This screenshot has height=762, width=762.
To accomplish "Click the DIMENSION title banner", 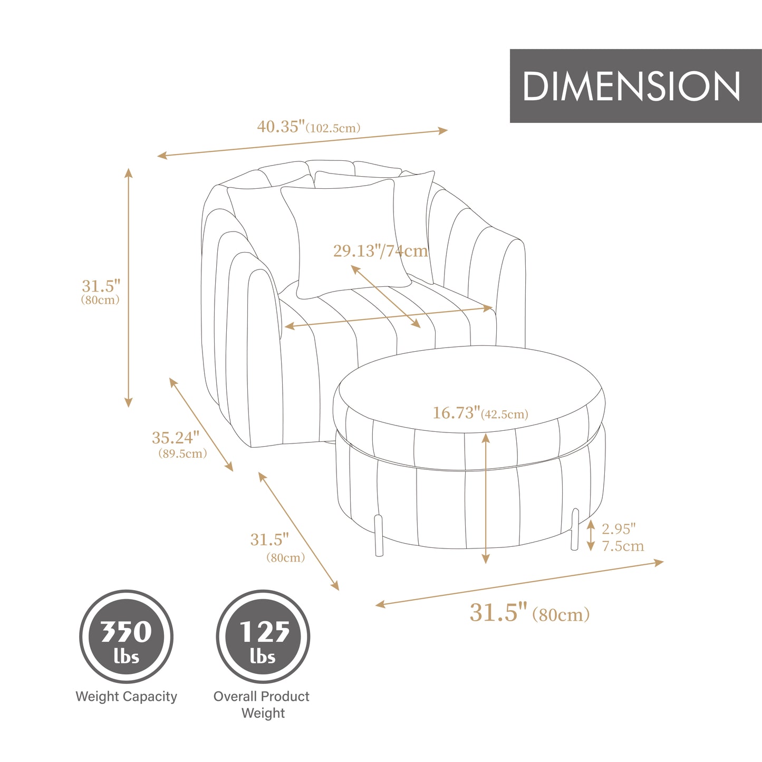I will (x=635, y=86).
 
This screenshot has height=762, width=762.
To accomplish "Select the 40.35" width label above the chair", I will (x=281, y=127).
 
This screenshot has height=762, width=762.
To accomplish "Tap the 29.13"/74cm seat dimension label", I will (x=380, y=251).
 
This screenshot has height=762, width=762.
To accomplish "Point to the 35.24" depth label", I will (x=176, y=438).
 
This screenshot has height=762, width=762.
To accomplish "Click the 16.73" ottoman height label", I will (x=457, y=413).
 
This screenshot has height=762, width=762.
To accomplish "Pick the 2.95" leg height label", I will (x=619, y=528).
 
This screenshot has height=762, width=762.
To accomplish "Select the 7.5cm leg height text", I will (x=623, y=546).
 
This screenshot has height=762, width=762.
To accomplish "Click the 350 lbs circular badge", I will (x=127, y=637).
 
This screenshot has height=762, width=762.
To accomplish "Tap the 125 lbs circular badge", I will (x=263, y=637).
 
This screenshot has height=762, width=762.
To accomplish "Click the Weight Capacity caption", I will (x=127, y=697).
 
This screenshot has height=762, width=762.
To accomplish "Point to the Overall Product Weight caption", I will (x=262, y=705).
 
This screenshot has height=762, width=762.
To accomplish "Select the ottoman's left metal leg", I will (x=378, y=535).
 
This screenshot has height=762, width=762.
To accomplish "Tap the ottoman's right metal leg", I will (x=575, y=529).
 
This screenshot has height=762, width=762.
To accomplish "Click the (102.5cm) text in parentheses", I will (x=333, y=128).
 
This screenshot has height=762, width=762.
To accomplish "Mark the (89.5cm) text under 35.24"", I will (x=182, y=454).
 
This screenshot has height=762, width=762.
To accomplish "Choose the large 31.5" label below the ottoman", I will (x=498, y=612).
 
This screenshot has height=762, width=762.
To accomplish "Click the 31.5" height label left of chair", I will (x=101, y=286).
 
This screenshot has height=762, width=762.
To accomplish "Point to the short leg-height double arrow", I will (x=591, y=535).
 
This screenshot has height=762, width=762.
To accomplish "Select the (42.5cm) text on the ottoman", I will (x=504, y=414).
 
